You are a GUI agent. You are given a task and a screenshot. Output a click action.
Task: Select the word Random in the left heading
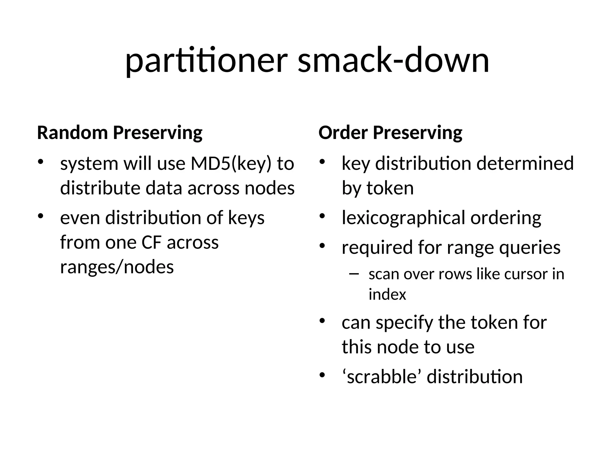pyautogui.click(x=72, y=133)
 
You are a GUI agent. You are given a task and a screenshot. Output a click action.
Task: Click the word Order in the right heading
pyautogui.click(x=343, y=133)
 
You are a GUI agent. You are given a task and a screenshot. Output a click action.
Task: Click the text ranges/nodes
pyautogui.click(x=117, y=267)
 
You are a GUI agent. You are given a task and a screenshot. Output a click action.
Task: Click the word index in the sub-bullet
pyautogui.click(x=387, y=294)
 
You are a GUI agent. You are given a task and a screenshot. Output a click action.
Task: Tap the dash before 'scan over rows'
pyautogui.click(x=354, y=274)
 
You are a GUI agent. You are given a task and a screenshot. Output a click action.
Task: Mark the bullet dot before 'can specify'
pyautogui.click(x=322, y=321)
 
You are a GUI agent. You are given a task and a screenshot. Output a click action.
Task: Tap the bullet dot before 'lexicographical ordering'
pyautogui.click(x=322, y=216)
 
